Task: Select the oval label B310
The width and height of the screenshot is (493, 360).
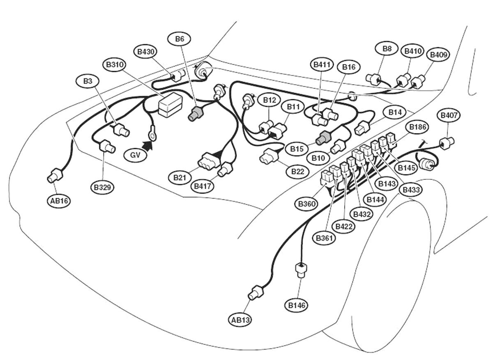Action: coord(116,65)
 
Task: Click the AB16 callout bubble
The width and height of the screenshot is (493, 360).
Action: coord(58,201)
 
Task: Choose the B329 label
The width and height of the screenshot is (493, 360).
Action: coord(102,187)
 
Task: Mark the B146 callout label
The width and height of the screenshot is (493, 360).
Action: coord(297,305)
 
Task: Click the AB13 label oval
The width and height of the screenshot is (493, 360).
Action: coord(240,320)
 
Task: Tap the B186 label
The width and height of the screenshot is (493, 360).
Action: coord(417,127)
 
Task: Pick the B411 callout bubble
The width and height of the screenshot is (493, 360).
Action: coord(322,64)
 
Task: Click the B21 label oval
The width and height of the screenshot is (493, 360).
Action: coord(179,177)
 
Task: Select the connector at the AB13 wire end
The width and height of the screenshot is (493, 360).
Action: coord(255,293)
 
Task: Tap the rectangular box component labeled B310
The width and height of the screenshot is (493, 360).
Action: coord(170,105)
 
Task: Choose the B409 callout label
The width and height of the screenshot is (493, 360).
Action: coord(438,55)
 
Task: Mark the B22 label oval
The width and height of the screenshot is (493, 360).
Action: coord(297,172)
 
